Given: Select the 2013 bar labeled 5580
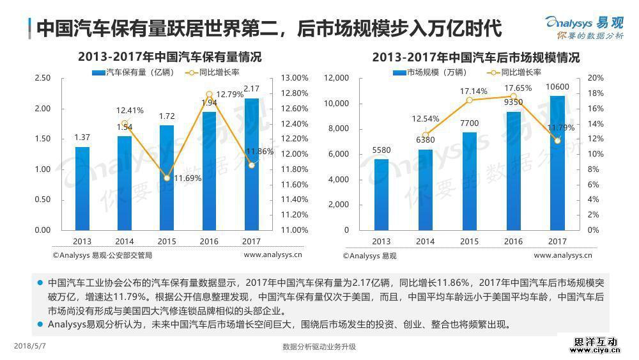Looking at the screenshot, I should [x=381, y=194].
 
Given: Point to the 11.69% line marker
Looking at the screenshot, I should [x=167, y=178].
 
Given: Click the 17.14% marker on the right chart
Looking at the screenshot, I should [x=470, y=100].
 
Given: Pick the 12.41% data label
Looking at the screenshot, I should [x=130, y=111].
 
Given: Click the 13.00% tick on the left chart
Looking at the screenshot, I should [x=294, y=78].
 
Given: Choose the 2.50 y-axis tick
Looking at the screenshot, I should [x=42, y=78].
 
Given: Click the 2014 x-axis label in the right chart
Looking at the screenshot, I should [x=425, y=242].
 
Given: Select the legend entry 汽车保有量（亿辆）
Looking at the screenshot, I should [x=130, y=72].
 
